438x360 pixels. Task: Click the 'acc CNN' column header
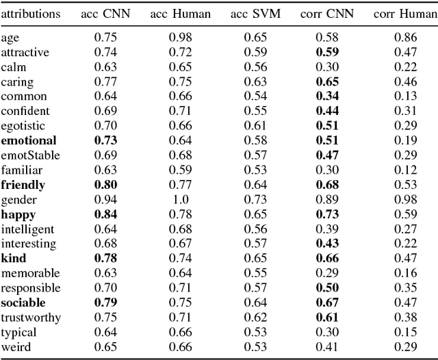coord(109,14)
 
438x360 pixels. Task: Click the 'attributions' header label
coord(31,14)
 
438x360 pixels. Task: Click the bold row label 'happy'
coord(18,215)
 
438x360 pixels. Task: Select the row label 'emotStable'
coord(30,155)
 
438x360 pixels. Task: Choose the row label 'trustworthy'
coord(31,318)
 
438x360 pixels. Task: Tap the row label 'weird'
coord(16,348)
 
